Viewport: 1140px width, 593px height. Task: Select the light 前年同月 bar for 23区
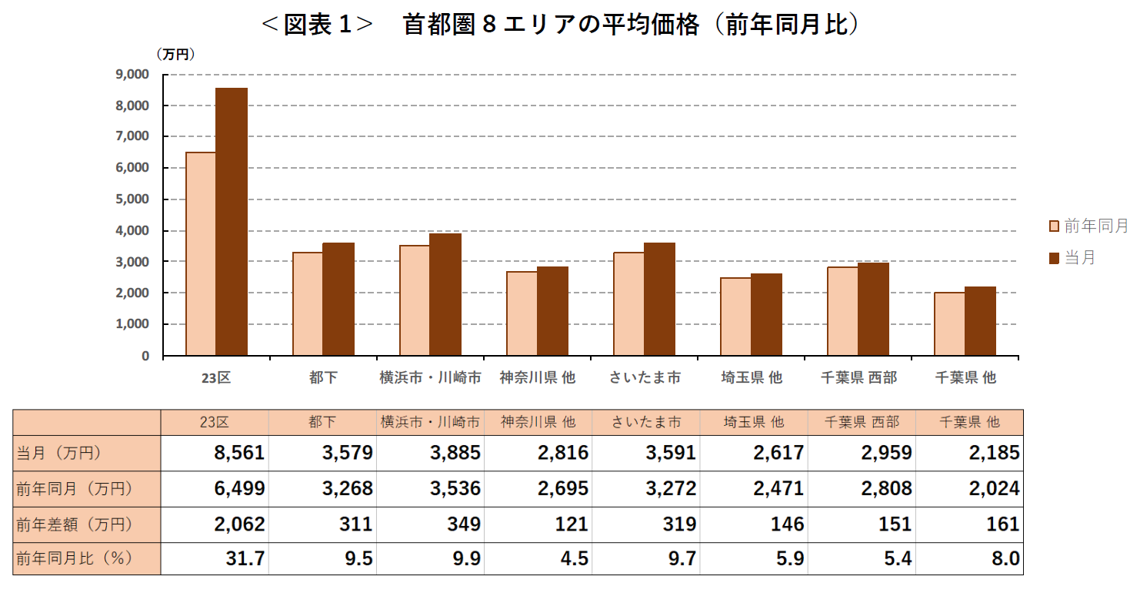[x=201, y=254]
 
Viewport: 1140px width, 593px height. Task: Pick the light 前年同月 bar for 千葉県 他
[x=949, y=324]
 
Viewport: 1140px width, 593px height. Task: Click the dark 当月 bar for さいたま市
[x=659, y=300]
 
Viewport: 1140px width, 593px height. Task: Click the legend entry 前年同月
[x=1088, y=226]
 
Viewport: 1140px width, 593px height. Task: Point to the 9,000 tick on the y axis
[x=132, y=75]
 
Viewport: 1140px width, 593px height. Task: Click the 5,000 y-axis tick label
[x=132, y=199]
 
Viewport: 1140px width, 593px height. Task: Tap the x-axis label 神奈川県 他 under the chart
[x=537, y=377]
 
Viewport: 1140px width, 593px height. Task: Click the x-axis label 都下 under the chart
[x=323, y=377]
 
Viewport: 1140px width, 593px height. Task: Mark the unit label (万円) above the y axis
[x=175, y=55]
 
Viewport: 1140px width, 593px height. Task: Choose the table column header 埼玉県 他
[x=753, y=422]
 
